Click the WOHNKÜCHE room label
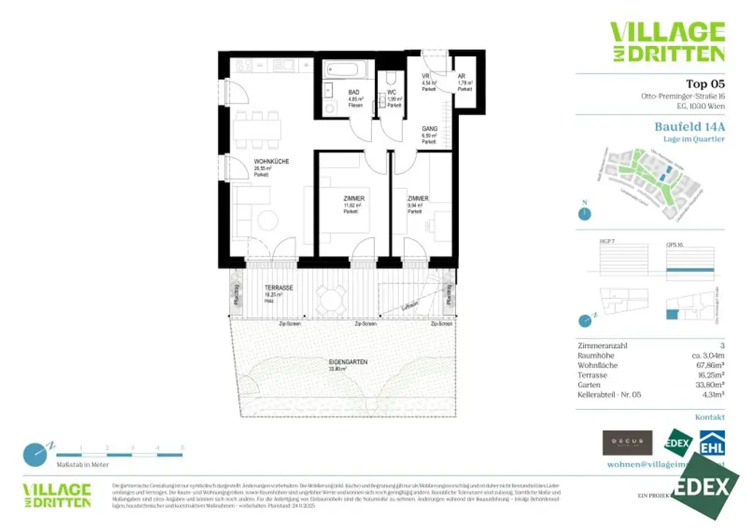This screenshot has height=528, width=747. click(x=272, y=161)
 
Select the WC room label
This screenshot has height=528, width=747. click(x=392, y=93)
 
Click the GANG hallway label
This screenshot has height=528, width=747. click(x=430, y=128)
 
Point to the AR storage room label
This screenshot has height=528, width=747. click(x=462, y=76)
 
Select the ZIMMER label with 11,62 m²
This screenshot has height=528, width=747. click(x=355, y=198)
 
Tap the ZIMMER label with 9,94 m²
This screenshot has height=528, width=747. click(x=418, y=198)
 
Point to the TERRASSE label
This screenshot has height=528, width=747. click(x=279, y=288)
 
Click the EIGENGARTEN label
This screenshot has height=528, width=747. click(x=347, y=362)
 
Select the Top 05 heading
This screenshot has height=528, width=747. click(x=705, y=84)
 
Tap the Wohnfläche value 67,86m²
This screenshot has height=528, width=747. click(x=707, y=365)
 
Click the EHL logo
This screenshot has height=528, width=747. click(x=712, y=443)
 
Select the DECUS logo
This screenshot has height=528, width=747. click(x=627, y=442)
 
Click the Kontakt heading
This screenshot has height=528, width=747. click(x=710, y=417)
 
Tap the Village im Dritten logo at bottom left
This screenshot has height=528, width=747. click(x=57, y=494)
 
